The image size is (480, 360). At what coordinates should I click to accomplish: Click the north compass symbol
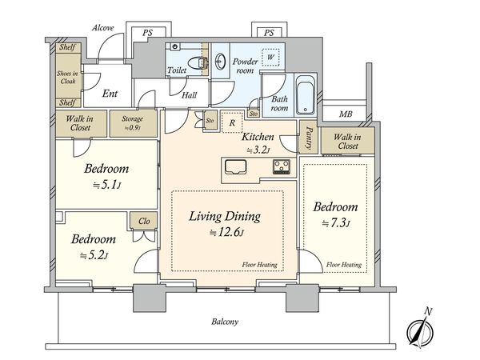coord(420,330)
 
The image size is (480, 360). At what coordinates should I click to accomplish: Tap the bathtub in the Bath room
coord(306,94)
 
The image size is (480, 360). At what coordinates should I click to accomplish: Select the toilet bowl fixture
coord(198,64)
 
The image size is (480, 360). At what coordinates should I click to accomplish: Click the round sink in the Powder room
coord(220,62)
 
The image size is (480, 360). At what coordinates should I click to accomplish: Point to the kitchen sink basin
coord(235,167)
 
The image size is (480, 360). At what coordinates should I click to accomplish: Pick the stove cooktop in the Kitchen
coord(282,167)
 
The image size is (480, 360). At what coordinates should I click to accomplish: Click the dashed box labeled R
coord(232,122)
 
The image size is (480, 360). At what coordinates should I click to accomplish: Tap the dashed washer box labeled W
coord(270,58)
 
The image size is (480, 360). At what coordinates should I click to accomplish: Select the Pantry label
coord(309,138)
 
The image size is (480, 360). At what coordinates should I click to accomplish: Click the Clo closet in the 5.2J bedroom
coord(144,221)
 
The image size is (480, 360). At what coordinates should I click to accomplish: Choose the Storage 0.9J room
coord(133,123)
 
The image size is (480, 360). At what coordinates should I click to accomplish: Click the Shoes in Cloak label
coord(68,77)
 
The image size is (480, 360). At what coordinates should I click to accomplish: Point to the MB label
coord(346,114)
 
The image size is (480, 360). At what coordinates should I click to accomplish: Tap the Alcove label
coord(103,28)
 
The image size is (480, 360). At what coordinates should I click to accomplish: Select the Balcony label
coord(225,322)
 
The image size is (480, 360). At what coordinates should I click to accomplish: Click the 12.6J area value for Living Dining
coord(226,233)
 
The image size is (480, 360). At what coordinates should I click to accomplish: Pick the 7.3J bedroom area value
coord(336,223)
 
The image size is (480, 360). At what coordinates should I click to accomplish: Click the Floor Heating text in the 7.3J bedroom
coord(343,265)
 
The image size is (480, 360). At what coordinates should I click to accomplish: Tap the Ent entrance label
coord(110,94)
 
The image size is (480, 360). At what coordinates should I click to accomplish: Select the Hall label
coord(189,95)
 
